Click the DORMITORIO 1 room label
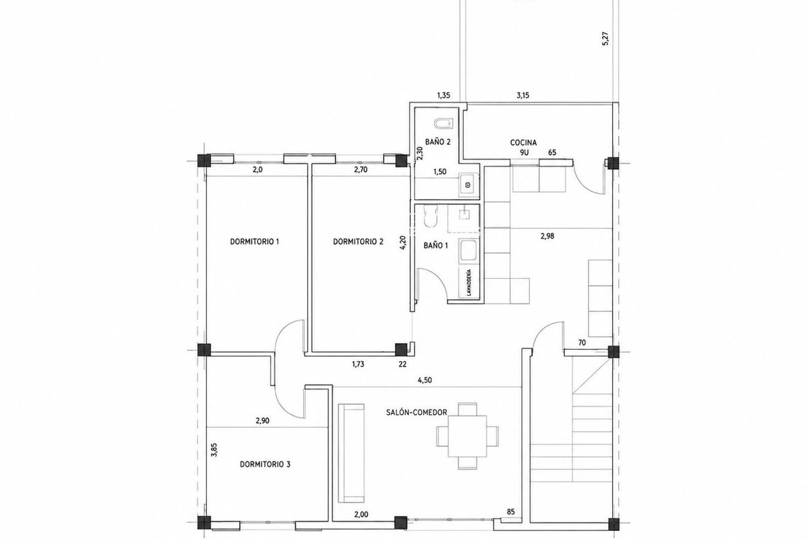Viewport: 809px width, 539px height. (254, 241)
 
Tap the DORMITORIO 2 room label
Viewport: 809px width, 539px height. (358, 241)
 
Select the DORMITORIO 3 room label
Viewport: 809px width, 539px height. (265, 464)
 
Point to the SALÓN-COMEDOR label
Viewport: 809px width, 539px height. (417, 412)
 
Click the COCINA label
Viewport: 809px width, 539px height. (523, 143)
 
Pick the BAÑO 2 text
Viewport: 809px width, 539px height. (438, 142)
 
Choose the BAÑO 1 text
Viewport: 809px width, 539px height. (436, 245)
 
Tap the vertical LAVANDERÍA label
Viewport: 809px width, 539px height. (469, 282)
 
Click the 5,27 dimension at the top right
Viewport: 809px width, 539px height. (605, 38)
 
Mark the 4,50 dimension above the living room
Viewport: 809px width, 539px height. (425, 380)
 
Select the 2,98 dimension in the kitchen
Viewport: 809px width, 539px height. (547, 236)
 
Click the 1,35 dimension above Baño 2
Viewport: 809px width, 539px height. (444, 95)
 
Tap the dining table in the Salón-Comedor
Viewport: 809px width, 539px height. (467, 436)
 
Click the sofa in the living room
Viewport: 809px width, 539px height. (351, 453)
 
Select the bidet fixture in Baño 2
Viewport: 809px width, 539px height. (442, 124)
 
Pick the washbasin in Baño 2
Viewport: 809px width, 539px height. (469, 185)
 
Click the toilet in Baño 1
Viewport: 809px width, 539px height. (430, 216)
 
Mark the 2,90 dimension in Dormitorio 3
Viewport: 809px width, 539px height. (262, 420)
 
